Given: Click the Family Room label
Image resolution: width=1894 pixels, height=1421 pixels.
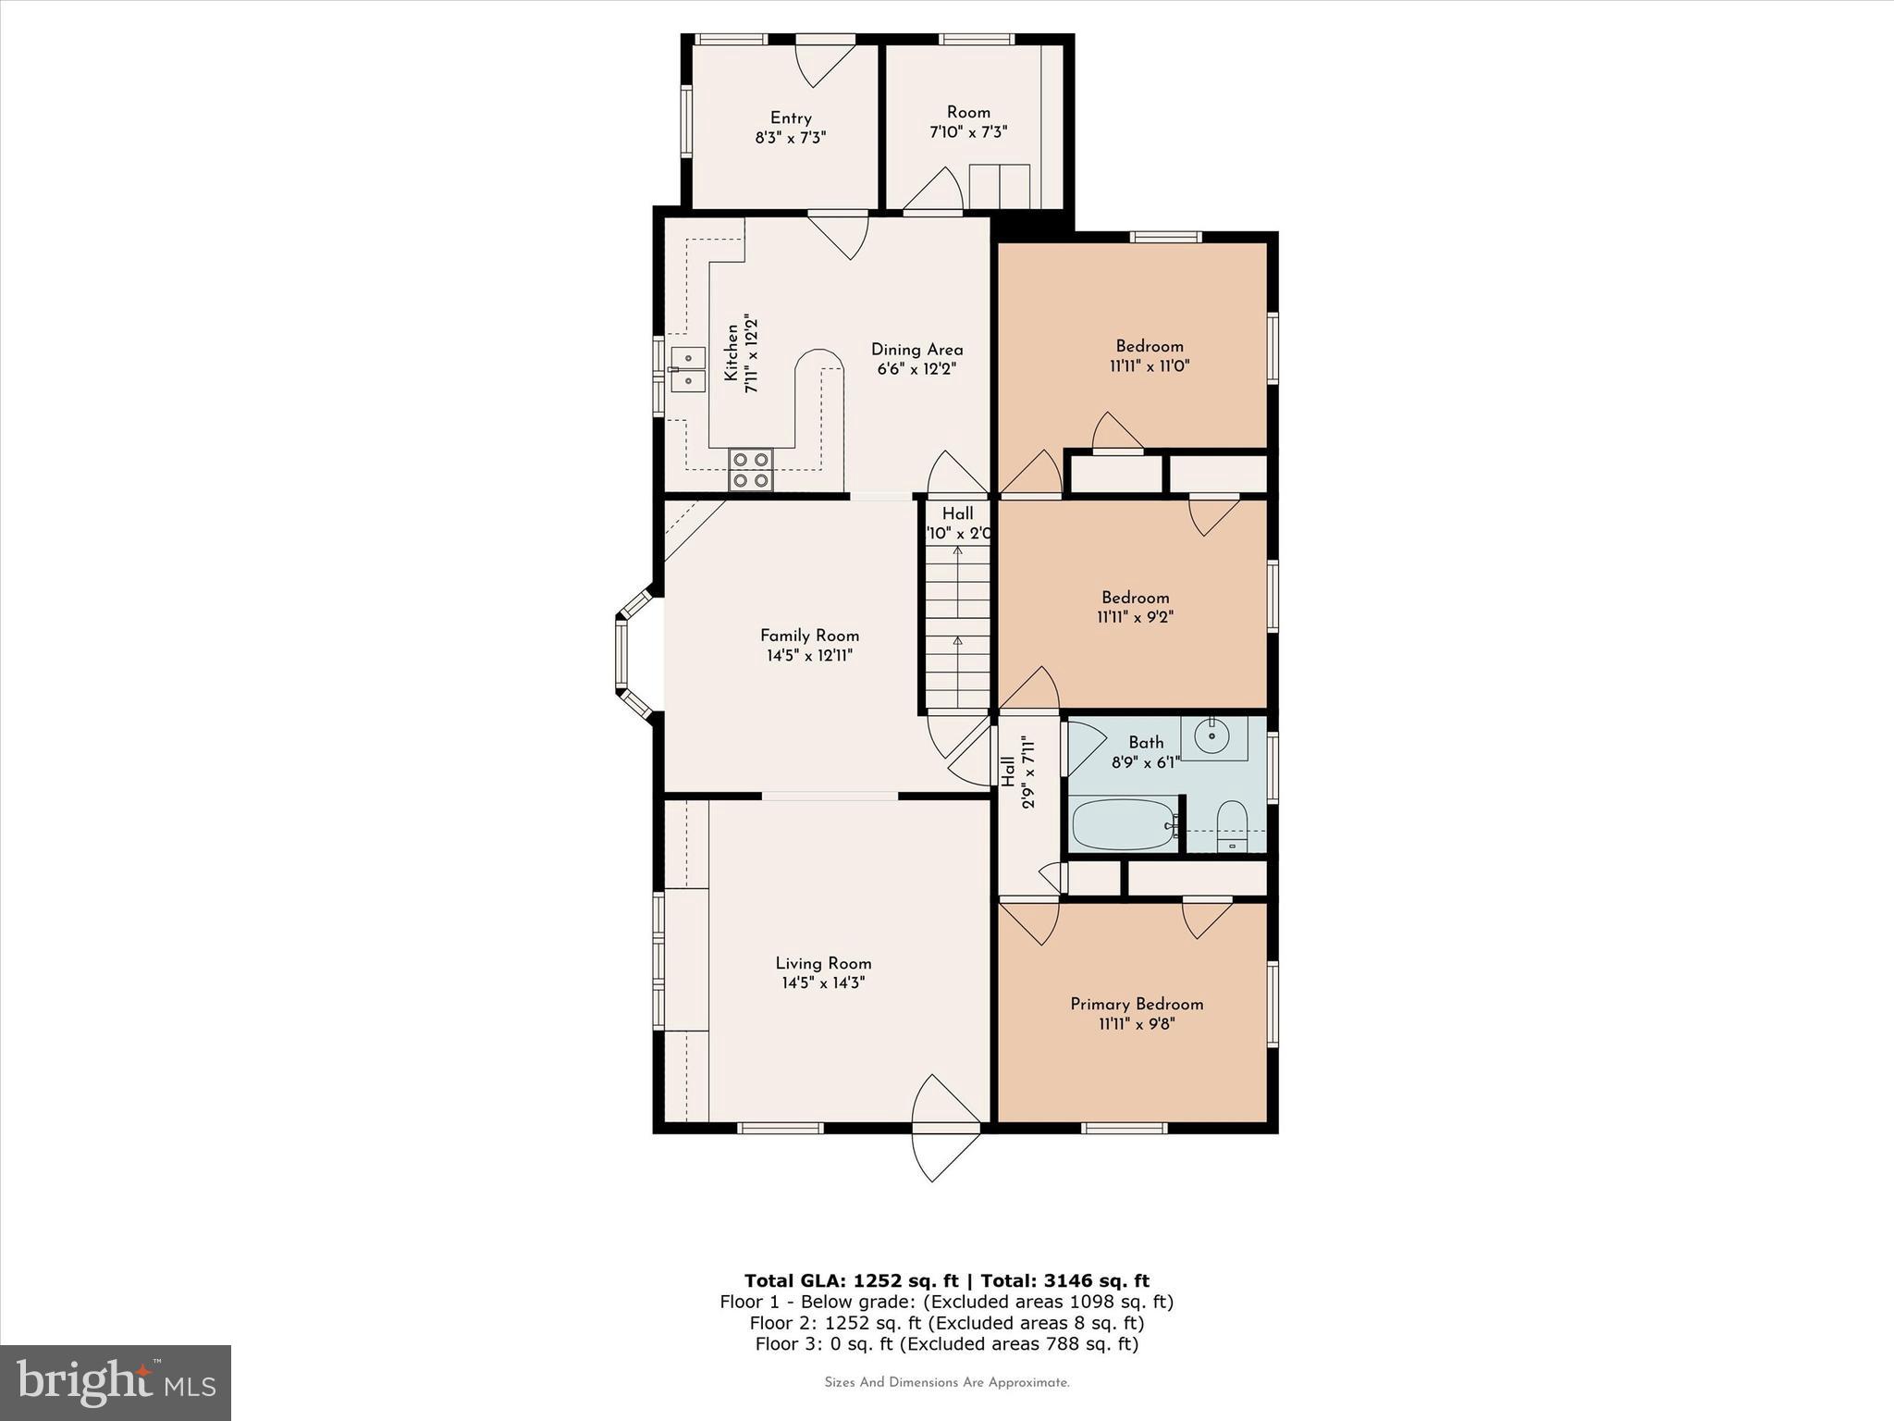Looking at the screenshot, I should (x=809, y=636).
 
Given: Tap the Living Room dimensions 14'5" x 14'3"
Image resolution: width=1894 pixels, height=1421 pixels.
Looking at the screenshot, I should (x=823, y=983).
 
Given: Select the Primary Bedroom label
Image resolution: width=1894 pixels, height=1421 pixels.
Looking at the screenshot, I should (x=1137, y=1004).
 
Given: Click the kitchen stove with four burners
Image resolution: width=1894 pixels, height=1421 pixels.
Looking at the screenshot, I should (x=751, y=469).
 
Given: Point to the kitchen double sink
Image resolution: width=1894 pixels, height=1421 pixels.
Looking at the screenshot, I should (x=687, y=368).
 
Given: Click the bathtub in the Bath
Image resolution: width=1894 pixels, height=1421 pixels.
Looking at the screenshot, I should (x=1123, y=823).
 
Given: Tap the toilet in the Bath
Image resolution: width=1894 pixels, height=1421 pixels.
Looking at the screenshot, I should (x=1231, y=825).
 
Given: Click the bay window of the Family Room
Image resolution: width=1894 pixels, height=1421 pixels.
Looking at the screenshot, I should (x=622, y=655).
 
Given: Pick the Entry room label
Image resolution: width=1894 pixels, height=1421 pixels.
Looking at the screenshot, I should (x=791, y=117).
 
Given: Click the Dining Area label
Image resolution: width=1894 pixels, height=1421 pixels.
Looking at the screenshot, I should (x=916, y=350).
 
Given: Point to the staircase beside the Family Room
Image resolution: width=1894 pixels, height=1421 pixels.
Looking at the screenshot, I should (x=957, y=629).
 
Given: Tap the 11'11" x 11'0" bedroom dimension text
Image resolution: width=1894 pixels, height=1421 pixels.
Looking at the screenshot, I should (x=1150, y=366).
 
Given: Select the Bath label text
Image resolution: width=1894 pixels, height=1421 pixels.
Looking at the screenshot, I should (x=1146, y=742).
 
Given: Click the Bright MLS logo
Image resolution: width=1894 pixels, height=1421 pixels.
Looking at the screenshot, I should (x=116, y=1382).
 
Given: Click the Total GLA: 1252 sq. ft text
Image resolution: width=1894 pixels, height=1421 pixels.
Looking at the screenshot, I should (x=852, y=1280).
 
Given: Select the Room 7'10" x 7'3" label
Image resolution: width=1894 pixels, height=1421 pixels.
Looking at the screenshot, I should (x=968, y=122).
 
